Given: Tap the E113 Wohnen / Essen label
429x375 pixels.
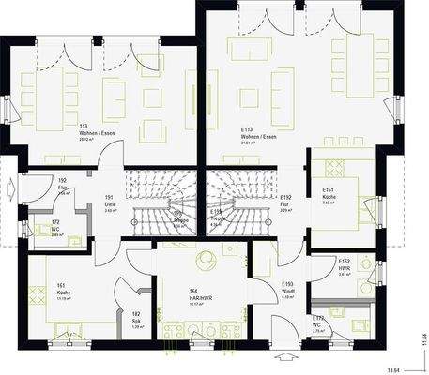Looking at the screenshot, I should (257, 134).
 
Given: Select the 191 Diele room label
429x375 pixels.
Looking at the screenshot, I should (109, 201).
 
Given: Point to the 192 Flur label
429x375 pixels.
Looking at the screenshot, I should (63, 185).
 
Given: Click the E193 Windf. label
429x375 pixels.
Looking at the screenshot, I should (287, 287).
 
